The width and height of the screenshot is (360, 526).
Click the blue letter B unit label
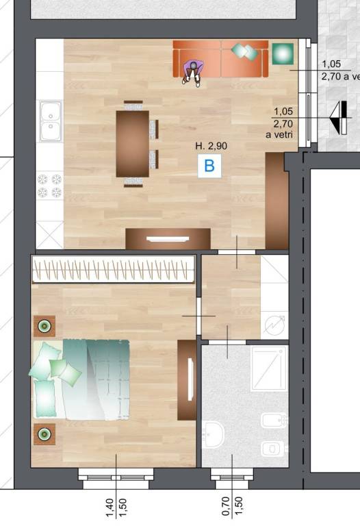(x=209, y=166)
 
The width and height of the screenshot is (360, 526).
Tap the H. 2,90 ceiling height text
(x=211, y=146)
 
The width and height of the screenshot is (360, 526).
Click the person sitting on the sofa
(x=193, y=72)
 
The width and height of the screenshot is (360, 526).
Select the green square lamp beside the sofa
(x=283, y=53)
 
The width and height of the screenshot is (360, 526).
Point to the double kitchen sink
(x=51, y=121)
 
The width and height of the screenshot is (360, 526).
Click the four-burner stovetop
(x=49, y=186)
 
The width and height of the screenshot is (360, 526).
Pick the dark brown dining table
(x=133, y=144)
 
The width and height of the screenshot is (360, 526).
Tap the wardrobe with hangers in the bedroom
(x=114, y=269)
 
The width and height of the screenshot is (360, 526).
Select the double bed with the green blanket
(x=81, y=380)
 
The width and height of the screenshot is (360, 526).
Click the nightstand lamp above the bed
(x=44, y=326)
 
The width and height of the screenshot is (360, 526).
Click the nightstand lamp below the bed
(x=44, y=434)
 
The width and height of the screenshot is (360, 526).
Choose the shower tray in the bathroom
(x=269, y=368)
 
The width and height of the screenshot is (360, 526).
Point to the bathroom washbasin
(x=213, y=435)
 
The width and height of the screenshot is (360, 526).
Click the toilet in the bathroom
(x=273, y=448)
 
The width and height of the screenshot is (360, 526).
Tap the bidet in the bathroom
(x=274, y=420)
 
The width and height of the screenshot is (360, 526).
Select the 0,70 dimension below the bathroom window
(x=226, y=506)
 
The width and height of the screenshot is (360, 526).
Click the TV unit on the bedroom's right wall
(x=187, y=380)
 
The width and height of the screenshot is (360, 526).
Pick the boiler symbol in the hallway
(x=274, y=325)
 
